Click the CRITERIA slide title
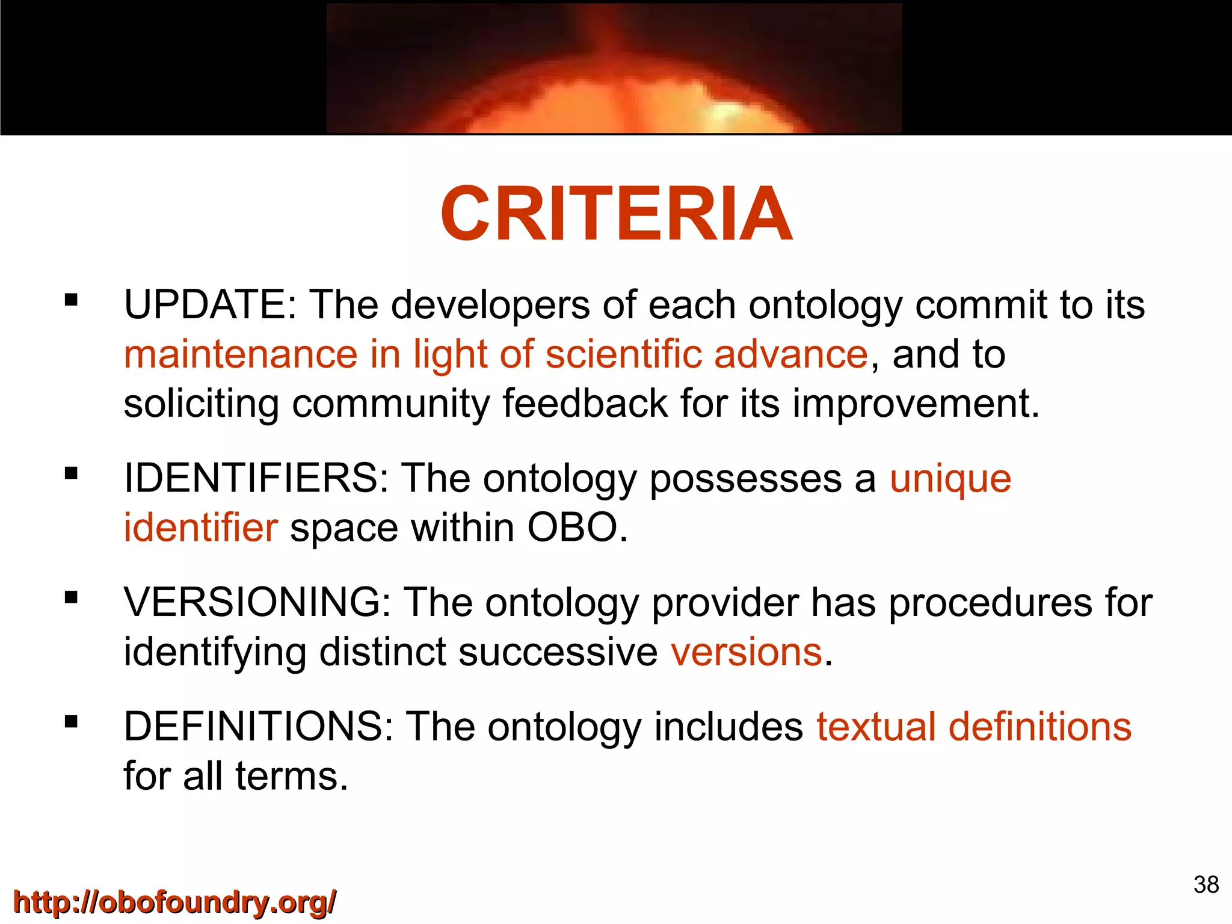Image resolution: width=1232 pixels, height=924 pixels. point(616,214)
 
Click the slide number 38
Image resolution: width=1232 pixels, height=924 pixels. point(1206,885)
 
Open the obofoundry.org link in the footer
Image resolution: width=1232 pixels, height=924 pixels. point(174,903)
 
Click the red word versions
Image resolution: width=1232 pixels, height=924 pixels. point(746,653)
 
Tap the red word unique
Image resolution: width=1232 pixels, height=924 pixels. point(950,480)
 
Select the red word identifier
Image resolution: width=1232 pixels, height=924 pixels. point(200,528)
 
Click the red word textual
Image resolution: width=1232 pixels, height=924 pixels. point(876,727)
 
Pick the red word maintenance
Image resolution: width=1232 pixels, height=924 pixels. point(241,355)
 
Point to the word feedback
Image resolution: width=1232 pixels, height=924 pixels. point(585,404)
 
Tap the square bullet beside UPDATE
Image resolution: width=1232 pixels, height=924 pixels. point(72,300)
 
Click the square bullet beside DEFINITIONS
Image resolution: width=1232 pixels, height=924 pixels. point(72,721)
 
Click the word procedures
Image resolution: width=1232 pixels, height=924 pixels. point(990,603)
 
